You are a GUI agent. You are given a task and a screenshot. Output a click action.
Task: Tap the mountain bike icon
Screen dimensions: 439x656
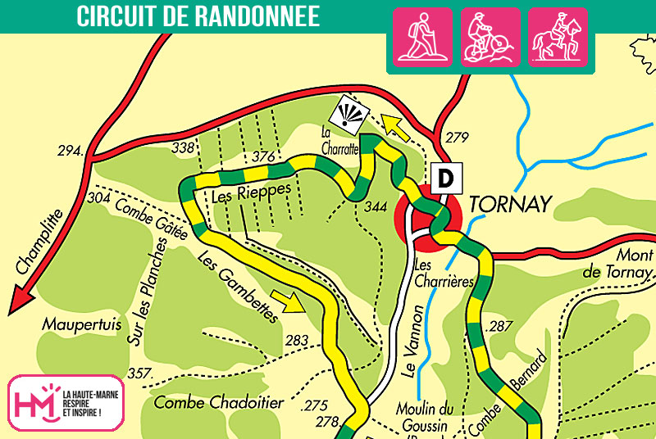point(490,36)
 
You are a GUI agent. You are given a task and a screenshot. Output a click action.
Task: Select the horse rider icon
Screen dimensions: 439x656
point(557,36)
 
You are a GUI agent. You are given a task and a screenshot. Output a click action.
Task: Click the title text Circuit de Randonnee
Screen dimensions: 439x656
point(198,16)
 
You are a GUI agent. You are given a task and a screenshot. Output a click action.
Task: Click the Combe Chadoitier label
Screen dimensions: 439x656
point(218,402)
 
